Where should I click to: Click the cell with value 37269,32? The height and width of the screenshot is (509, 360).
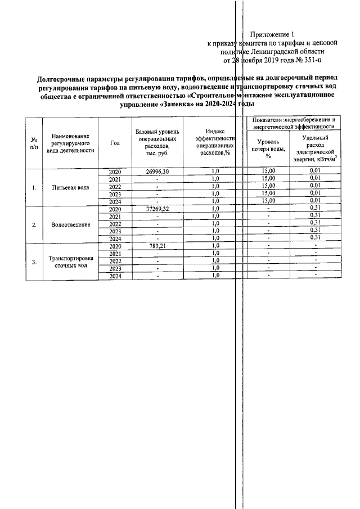(157, 209)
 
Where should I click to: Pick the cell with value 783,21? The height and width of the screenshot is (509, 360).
(157, 246)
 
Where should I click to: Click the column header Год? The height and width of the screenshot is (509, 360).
(115, 143)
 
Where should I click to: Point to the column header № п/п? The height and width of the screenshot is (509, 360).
(34, 143)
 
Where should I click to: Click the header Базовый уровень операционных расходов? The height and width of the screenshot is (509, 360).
(157, 142)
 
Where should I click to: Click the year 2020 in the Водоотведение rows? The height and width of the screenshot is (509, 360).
(115, 209)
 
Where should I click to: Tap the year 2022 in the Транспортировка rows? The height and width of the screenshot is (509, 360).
(115, 262)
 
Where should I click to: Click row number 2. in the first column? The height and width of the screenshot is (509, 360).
(34, 225)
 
